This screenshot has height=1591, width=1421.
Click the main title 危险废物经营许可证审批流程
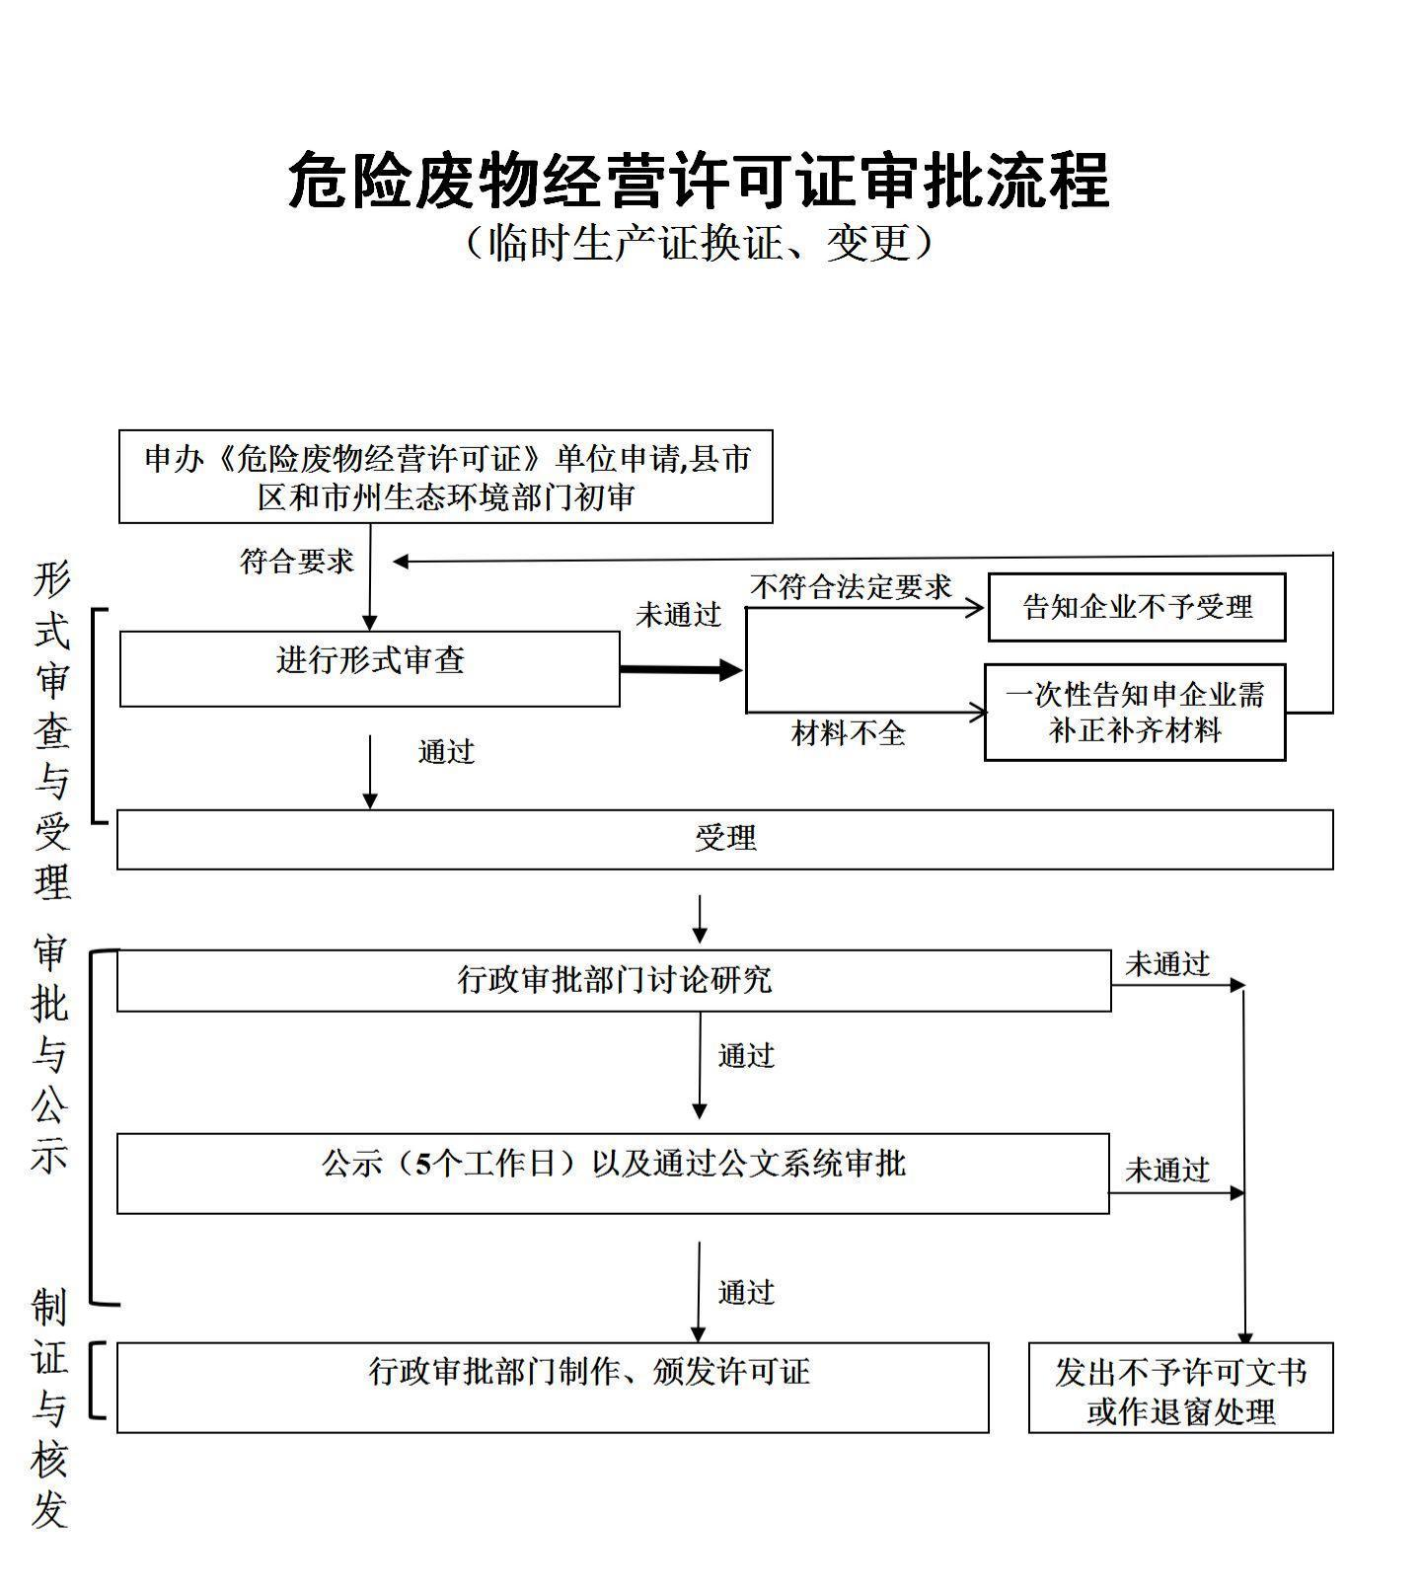[x=699, y=181]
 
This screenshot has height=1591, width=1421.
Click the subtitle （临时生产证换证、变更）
[x=699, y=243]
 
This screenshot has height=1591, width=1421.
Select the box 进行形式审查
[x=369, y=668]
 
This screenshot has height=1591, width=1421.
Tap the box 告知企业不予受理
[x=1137, y=607]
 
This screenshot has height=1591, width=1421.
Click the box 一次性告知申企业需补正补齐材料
[x=1135, y=712]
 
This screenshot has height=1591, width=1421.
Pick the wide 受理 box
[x=724, y=839]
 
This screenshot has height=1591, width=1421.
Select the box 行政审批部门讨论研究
[x=614, y=980]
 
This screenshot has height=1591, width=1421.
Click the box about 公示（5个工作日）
[x=613, y=1173]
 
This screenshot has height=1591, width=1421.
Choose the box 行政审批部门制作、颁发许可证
[x=553, y=1386]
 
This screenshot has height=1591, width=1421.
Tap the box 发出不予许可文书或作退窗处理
[x=1180, y=1387]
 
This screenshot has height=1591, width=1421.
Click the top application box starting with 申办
[x=445, y=477]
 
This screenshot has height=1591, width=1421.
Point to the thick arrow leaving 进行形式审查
[x=681, y=670]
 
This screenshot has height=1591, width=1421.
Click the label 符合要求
[x=297, y=562]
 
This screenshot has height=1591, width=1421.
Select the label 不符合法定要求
[x=851, y=587]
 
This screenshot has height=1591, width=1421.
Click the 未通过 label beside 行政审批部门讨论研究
[x=1167, y=964]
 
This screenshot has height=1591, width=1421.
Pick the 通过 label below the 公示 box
[x=746, y=1292]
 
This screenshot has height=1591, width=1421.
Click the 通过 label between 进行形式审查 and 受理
[x=446, y=752]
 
